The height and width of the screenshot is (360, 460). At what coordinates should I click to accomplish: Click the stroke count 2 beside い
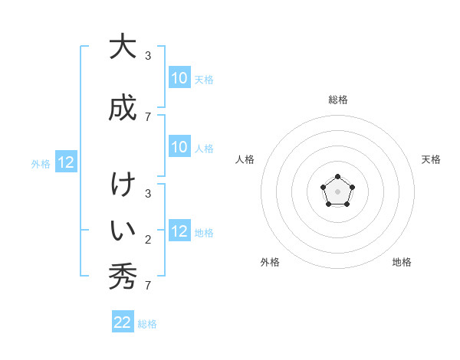pyautogui.click(x=148, y=240)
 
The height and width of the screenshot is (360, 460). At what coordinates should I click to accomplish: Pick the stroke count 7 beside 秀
pyautogui.click(x=148, y=286)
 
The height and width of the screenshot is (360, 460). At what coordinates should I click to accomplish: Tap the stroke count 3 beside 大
pyautogui.click(x=148, y=56)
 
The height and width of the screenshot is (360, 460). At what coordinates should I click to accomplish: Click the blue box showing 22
pyautogui.click(x=123, y=322)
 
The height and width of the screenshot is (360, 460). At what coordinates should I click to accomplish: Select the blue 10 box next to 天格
pyautogui.click(x=179, y=77)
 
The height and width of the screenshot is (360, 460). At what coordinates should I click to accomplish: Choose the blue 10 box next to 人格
pyautogui.click(x=179, y=147)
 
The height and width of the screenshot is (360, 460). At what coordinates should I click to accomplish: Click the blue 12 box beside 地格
pyautogui.click(x=179, y=231)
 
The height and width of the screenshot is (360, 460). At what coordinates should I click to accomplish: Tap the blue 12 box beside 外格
pyautogui.click(x=66, y=162)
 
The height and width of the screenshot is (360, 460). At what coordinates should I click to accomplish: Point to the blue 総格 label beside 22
pyautogui.click(x=147, y=324)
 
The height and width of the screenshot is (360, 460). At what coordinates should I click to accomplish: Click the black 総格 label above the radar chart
pyautogui.click(x=337, y=100)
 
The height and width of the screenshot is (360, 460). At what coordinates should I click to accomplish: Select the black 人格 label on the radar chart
pyautogui.click(x=245, y=159)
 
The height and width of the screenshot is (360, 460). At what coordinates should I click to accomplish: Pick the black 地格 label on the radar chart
pyautogui.click(x=402, y=262)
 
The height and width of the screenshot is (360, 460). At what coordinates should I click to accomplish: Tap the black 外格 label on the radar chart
pyautogui.click(x=270, y=262)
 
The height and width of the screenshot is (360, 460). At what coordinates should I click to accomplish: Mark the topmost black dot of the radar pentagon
pyautogui.click(x=337, y=177)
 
